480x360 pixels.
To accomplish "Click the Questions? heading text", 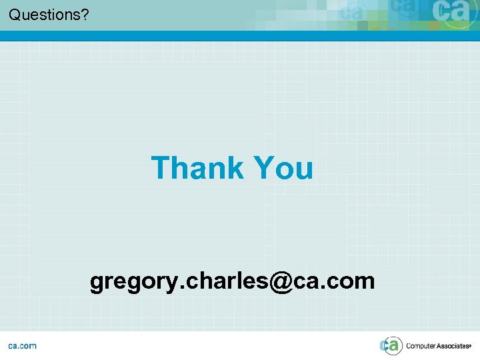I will point(49,14).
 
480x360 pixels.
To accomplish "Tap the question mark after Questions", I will point(85,14).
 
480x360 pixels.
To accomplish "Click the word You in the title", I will point(283,168).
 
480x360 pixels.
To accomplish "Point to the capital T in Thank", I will point(161,168).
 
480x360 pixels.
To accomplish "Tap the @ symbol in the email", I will point(281,281).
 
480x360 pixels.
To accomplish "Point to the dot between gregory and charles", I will point(174,287).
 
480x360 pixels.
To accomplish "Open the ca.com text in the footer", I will point(23,345).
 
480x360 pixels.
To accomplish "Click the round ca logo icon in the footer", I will point(391,345).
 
